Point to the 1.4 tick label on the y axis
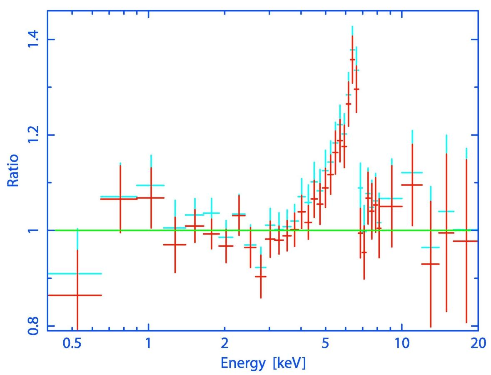tap(33, 40)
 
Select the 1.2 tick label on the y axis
tap(33, 135)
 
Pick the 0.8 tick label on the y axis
tap(33, 325)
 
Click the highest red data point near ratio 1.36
tap(352, 60)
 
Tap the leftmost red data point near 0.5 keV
tap(77, 295)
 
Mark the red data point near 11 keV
tap(412, 185)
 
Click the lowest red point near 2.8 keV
tap(261, 276)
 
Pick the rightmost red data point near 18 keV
tap(466, 241)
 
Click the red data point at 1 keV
tap(151, 198)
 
